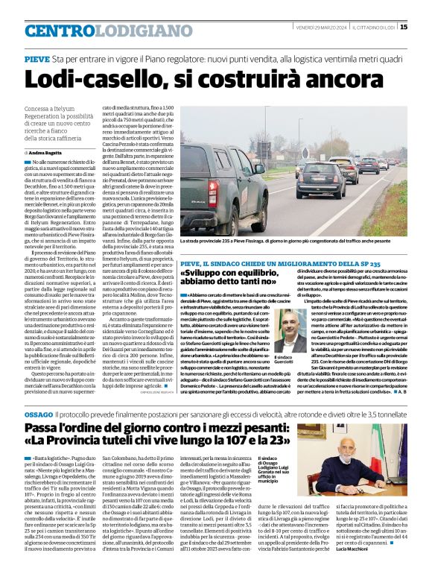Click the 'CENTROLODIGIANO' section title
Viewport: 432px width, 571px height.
click(x=98, y=31)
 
